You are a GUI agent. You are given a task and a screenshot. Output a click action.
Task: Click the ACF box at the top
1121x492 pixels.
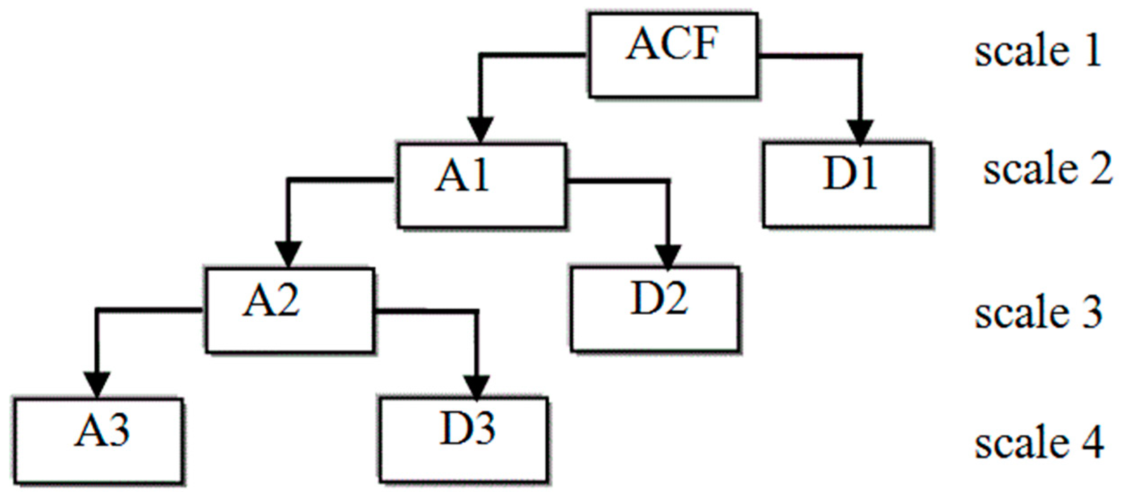673,55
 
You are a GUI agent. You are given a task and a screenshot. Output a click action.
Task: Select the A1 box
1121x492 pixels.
482,185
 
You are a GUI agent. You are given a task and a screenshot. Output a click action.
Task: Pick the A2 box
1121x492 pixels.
289,310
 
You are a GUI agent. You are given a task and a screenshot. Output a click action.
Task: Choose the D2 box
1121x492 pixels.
654,309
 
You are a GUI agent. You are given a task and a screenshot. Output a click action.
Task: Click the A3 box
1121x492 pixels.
98,441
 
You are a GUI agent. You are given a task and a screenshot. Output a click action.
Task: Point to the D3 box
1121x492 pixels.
464,440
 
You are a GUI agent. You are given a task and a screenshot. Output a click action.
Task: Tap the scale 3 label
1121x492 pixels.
1038,312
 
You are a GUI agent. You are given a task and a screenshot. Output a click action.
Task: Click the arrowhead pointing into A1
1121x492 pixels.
480,129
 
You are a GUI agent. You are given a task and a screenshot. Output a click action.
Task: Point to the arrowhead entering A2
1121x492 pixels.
289,254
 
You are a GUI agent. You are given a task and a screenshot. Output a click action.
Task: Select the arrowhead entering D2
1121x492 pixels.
668,257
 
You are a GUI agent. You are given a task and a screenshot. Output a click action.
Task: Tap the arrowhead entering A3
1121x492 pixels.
97,384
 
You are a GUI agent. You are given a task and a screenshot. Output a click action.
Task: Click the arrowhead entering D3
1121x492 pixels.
476,387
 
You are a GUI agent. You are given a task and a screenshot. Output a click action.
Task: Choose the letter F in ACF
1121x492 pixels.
705,43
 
